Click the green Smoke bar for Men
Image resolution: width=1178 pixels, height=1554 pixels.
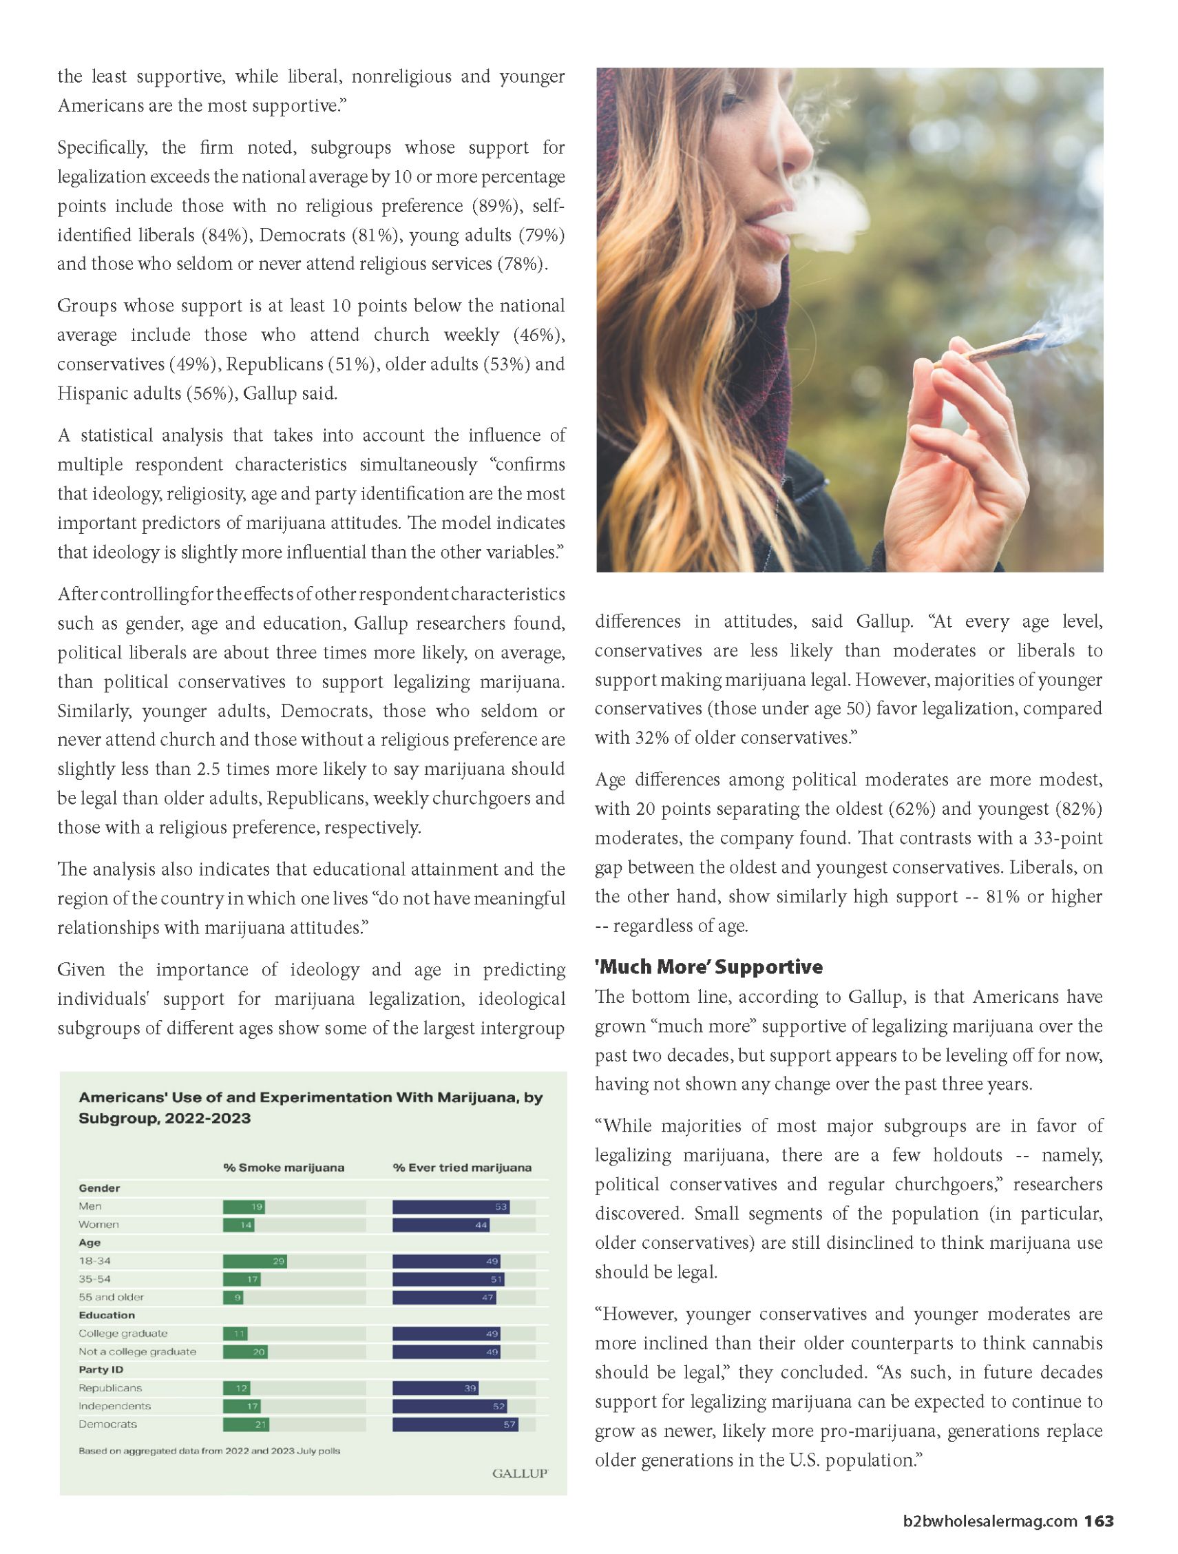pyautogui.click(x=244, y=1207)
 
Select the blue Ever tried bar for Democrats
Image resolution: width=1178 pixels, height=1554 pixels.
pyautogui.click(x=455, y=1424)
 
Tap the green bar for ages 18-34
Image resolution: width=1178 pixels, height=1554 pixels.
pyautogui.click(x=254, y=1261)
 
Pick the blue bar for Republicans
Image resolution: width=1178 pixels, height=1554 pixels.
pyautogui.click(x=435, y=1388)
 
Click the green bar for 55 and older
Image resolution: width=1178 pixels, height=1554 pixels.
pyautogui.click(x=233, y=1298)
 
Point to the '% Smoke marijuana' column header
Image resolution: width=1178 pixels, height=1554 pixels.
pyautogui.click(x=284, y=1168)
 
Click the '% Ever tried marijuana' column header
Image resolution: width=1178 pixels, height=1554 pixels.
pyautogui.click(x=462, y=1168)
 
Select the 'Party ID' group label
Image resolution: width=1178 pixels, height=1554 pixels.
pyautogui.click(x=101, y=1369)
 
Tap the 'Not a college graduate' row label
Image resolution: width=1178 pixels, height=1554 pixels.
pyautogui.click(x=138, y=1351)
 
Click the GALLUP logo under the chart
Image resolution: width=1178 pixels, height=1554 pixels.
pyautogui.click(x=520, y=1473)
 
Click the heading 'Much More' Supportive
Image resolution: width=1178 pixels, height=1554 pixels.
pyautogui.click(x=708, y=966)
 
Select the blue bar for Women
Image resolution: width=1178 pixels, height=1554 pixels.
pyautogui.click(x=440, y=1225)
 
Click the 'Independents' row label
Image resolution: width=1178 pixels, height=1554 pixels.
pyautogui.click(x=114, y=1406)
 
